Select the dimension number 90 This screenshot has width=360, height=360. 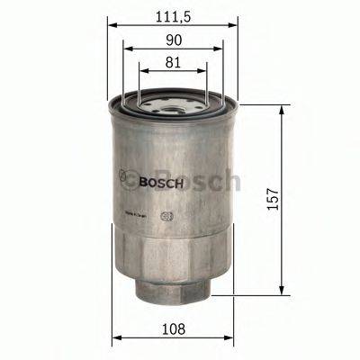point(174,39)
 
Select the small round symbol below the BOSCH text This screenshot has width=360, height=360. point(164,215)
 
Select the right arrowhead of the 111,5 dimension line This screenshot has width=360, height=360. point(237,24)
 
